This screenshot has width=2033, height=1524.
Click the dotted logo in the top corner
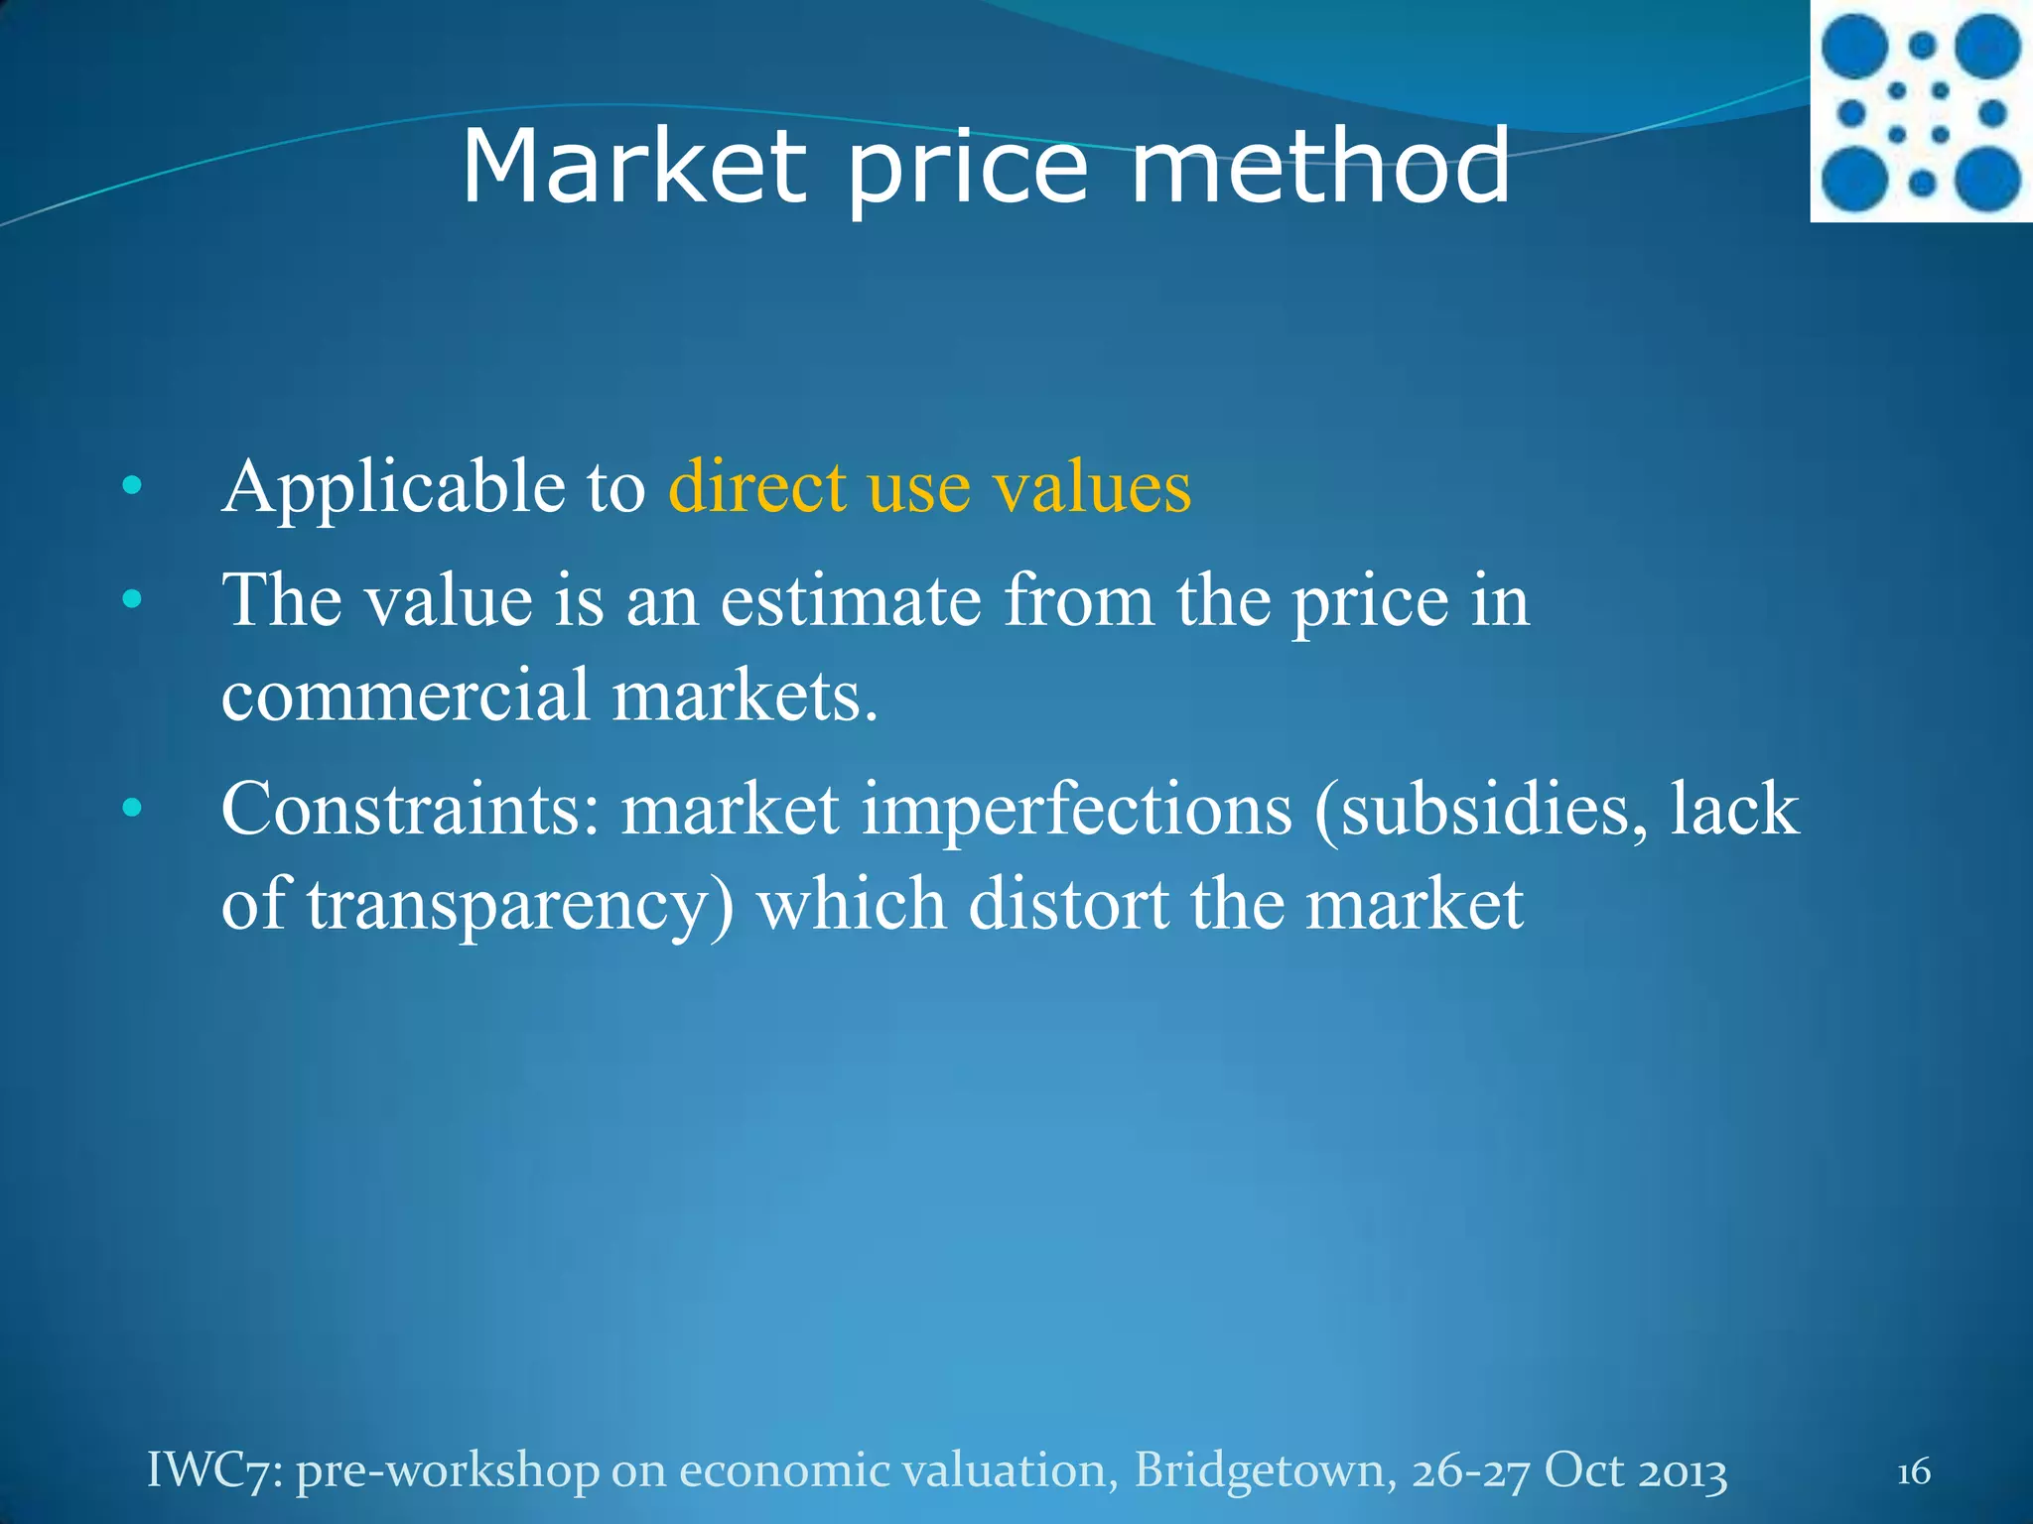pyautogui.click(x=1921, y=112)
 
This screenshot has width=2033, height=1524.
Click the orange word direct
pyautogui.click(x=757, y=487)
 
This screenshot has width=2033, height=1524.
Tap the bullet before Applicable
pyautogui.click(x=132, y=487)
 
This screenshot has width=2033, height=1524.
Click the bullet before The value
pyautogui.click(x=132, y=600)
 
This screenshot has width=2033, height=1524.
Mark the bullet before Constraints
pyautogui.click(x=132, y=810)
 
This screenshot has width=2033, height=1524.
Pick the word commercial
pyautogui.click(x=405, y=695)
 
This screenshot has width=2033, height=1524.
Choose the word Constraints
pyautogui.click(x=410, y=810)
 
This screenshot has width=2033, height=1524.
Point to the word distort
pyautogui.click(x=1068, y=904)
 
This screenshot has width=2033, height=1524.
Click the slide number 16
pyautogui.click(x=1913, y=1471)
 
